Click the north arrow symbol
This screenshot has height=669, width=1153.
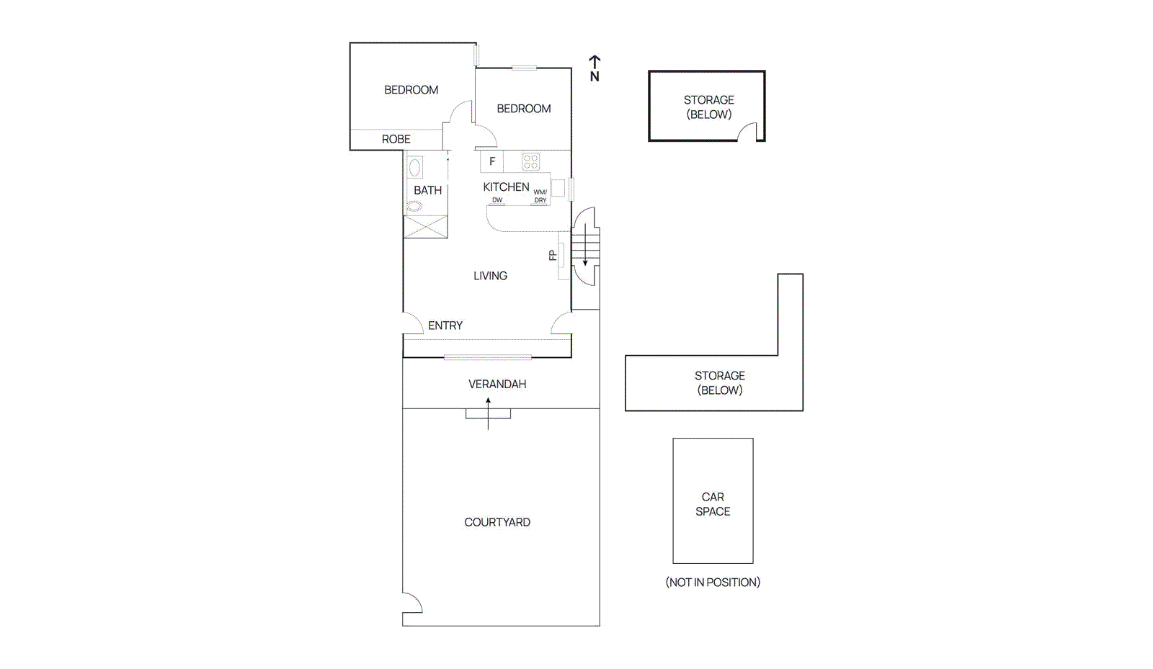tap(595, 68)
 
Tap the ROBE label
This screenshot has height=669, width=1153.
tap(396, 139)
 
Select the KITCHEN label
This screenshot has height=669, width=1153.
tap(506, 187)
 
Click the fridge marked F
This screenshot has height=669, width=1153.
tap(492, 161)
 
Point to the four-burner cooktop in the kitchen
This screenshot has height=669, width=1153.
tap(531, 161)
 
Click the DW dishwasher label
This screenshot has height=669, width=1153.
tap(497, 200)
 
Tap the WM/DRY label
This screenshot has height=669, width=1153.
tap(540, 196)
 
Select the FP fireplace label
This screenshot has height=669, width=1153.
tap(553, 255)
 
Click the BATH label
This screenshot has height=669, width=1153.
tap(427, 190)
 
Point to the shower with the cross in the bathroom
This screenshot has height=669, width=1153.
tap(426, 227)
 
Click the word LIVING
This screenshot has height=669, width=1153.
tap(490, 276)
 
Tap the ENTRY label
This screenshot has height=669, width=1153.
tap(445, 325)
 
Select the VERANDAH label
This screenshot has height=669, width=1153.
tap(497, 384)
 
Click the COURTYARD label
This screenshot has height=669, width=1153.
tap(497, 522)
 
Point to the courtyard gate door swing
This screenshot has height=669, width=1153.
tap(411, 603)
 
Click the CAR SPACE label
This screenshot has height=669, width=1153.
tap(713, 504)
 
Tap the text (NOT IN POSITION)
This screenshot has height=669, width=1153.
tap(713, 582)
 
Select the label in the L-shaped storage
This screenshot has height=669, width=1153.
tap(719, 382)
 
